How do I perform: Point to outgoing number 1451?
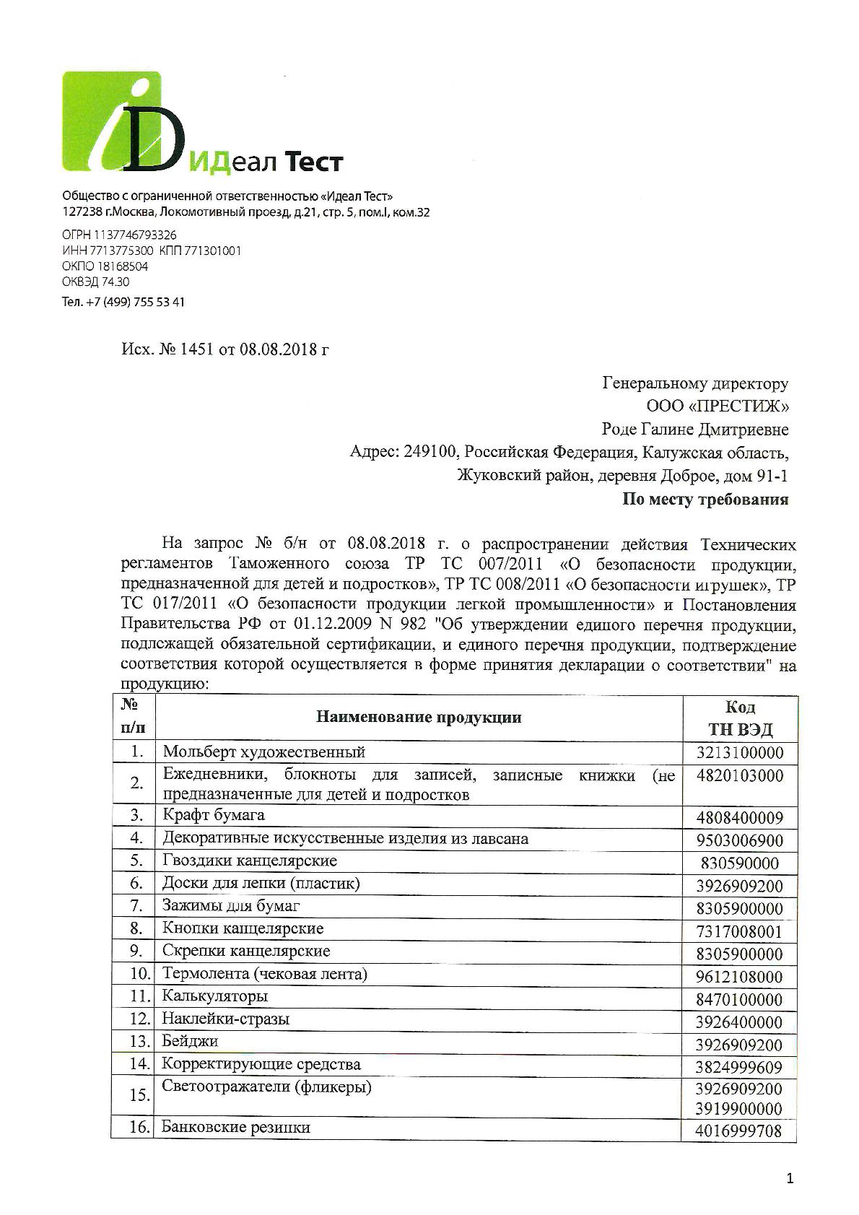click(x=199, y=350)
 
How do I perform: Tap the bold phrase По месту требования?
click(x=705, y=500)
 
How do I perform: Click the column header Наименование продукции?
click(x=418, y=718)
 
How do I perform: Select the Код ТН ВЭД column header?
click(x=740, y=718)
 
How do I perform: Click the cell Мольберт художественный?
click(x=263, y=752)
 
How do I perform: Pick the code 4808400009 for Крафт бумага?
click(x=739, y=819)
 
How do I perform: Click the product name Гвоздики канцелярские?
click(x=250, y=861)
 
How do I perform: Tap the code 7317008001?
click(x=739, y=932)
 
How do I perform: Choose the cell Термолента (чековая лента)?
click(x=265, y=974)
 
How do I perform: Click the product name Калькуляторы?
click(x=215, y=996)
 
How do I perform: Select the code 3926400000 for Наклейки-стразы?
click(x=739, y=1022)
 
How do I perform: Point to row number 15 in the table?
click(x=139, y=1095)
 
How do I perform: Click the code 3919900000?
click(x=739, y=1108)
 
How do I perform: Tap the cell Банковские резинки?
click(x=236, y=1128)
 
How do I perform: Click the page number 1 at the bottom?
click(x=790, y=1179)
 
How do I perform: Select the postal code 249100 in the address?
click(x=430, y=452)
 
